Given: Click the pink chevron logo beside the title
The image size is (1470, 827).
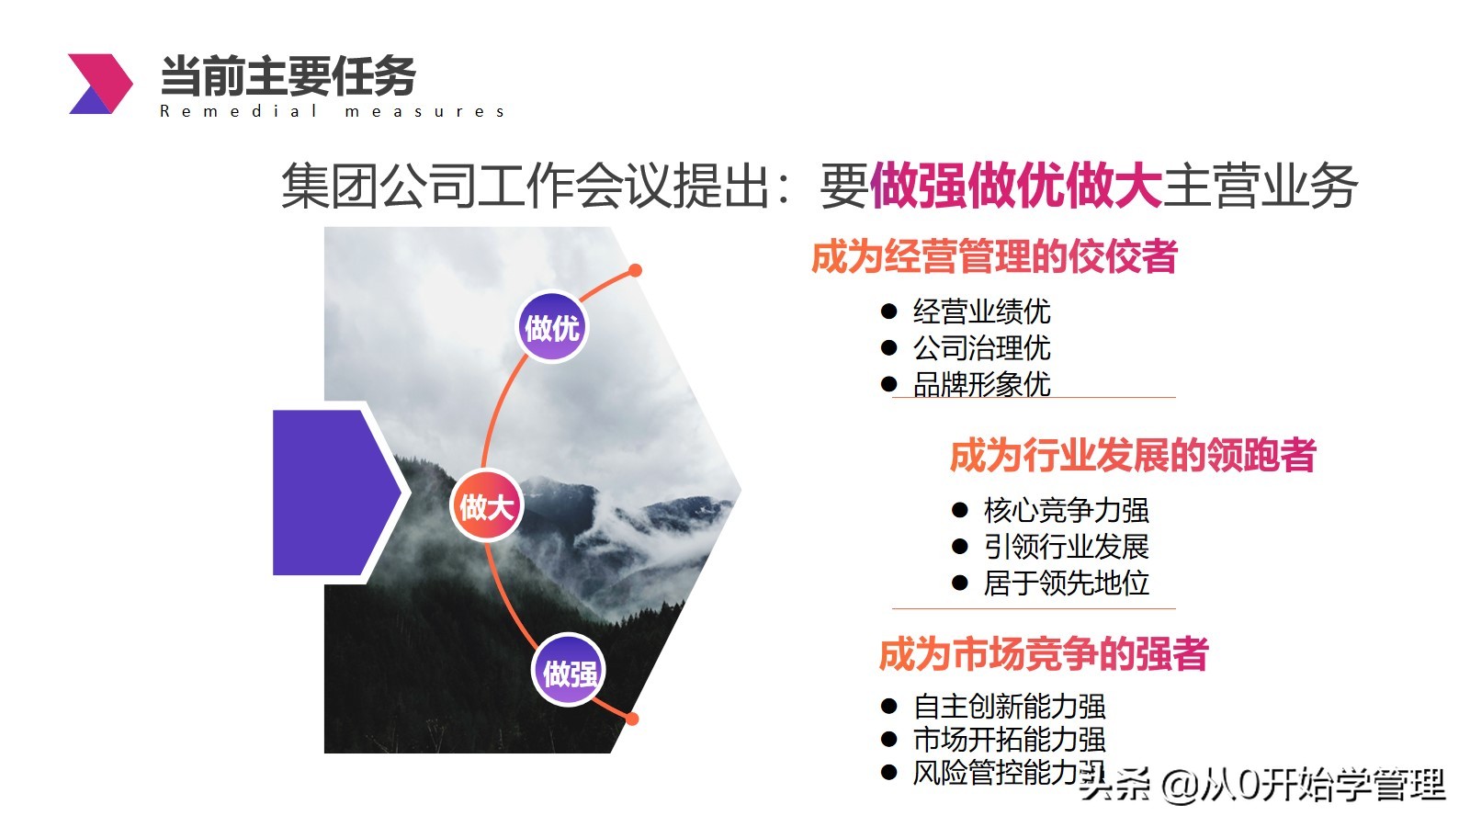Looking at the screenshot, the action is point(100,84).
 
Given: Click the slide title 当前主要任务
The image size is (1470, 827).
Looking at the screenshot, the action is point(288,76).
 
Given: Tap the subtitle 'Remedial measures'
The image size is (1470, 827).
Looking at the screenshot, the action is point(332,111).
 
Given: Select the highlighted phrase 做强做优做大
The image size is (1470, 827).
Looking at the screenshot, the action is point(1016,186).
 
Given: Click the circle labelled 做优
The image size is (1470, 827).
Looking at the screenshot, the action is point(552,327).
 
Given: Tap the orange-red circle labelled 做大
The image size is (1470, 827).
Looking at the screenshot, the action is point(486,506).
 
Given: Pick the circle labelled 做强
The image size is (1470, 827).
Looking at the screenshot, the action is point(569,671).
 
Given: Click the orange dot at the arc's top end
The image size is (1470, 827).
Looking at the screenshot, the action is point(635,270).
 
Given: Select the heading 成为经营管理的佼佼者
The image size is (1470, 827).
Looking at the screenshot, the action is point(994,256).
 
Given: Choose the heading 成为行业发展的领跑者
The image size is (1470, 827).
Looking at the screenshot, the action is point(1133,455).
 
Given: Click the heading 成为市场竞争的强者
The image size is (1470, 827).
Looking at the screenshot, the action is point(1044,653).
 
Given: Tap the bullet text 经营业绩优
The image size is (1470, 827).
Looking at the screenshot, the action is point(982,312).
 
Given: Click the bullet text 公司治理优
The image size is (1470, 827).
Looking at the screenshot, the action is point(982,348).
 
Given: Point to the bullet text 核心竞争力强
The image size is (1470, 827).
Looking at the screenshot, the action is point(1067,510).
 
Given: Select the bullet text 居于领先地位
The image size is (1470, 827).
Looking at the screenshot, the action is point(1067,583).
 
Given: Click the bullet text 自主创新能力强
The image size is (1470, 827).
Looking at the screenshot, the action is point(1010,707).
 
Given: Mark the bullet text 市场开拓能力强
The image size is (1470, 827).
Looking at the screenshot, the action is point(1010,740).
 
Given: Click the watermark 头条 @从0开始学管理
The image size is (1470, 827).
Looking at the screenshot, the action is point(1262,785).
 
